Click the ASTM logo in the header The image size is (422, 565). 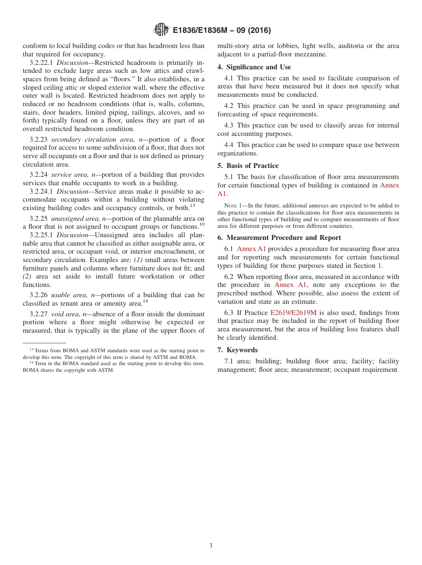(x=161, y=30)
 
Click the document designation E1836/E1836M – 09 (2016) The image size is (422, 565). (x=221, y=30)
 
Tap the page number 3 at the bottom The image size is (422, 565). (x=211, y=545)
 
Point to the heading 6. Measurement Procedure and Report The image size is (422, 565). (x=279, y=238)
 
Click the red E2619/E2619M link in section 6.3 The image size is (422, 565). (x=293, y=313)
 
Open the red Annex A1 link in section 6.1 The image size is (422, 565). (x=251, y=249)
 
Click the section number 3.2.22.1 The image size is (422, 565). (x=41, y=63)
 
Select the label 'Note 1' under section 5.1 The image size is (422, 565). (x=232, y=206)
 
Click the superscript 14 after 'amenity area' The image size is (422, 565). (x=145, y=301)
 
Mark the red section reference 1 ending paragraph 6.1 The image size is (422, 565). (x=379, y=266)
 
